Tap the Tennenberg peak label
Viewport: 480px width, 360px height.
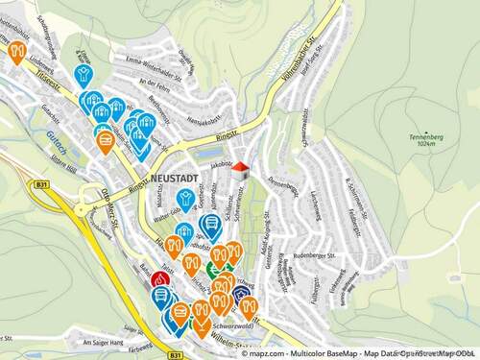click(x=425, y=137)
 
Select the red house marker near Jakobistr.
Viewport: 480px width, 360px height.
click(x=240, y=170)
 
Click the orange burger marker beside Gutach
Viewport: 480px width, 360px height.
click(x=106, y=142)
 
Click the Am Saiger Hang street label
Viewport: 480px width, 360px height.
click(x=103, y=343)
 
